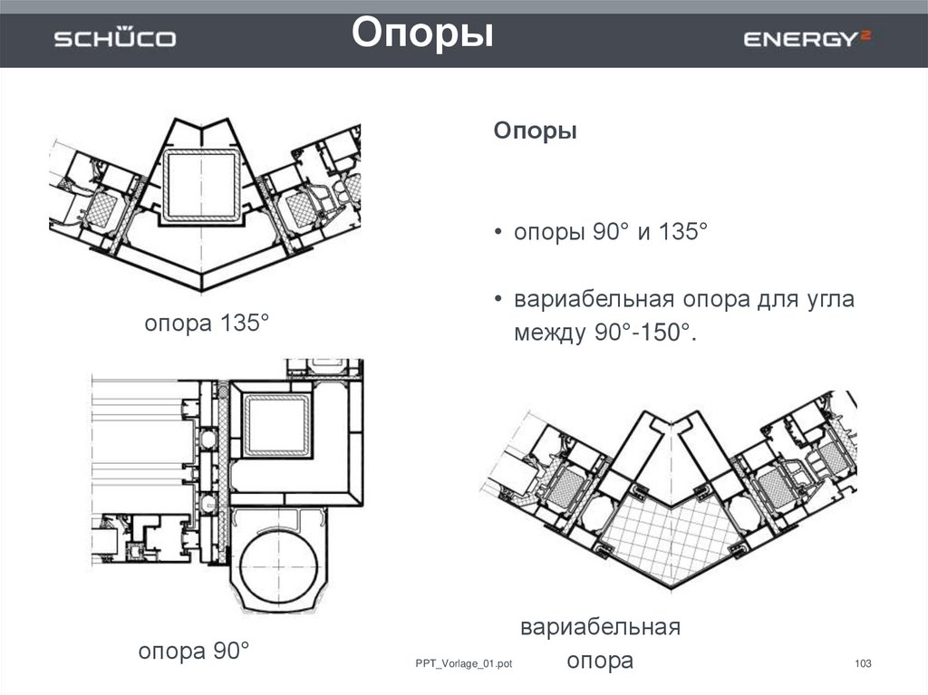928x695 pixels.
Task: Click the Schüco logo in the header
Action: pos(114,38)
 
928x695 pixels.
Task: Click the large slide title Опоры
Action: pos(422,34)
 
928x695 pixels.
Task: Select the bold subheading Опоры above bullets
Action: pos(535,131)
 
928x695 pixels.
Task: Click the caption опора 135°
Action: pos(208,323)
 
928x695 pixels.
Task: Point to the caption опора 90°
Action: pos(193,651)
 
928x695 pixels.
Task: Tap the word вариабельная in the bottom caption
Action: pos(600,627)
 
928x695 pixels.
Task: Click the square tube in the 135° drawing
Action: pos(201,185)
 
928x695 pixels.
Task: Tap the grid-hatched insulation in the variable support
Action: pos(669,535)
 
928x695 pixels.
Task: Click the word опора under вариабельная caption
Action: pos(600,661)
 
